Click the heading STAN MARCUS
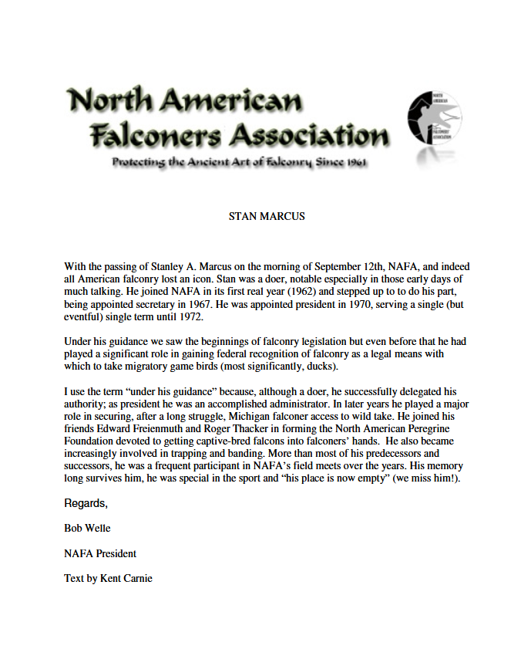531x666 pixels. pyautogui.click(x=267, y=216)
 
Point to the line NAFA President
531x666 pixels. pyautogui.click(x=100, y=553)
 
